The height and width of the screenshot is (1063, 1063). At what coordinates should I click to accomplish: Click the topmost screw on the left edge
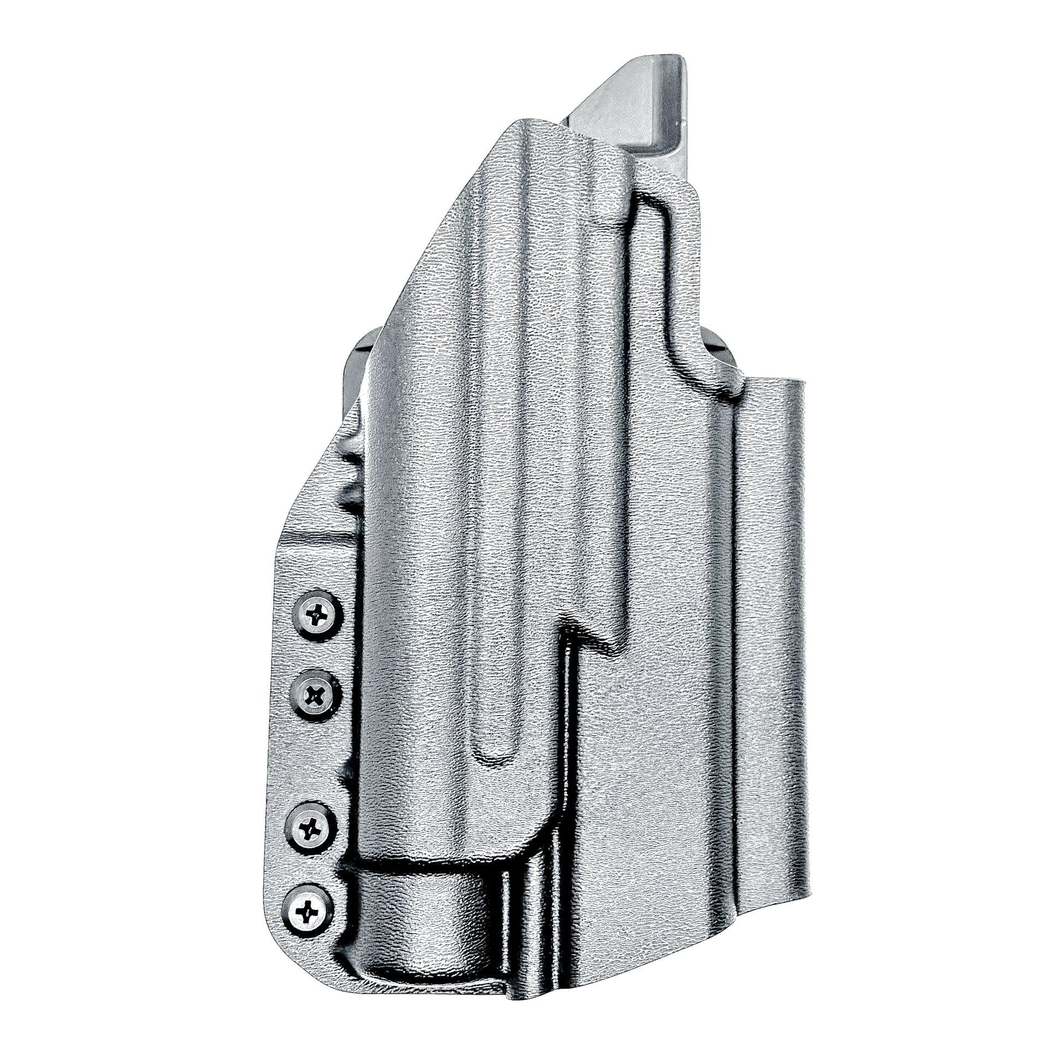[x=317, y=613]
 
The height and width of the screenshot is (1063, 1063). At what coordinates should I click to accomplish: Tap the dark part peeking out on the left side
[x=361, y=358]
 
